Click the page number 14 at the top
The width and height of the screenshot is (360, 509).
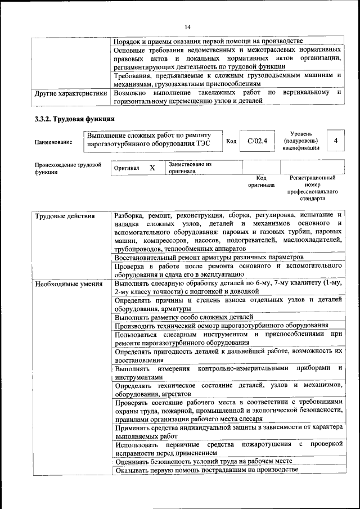coord(188,26)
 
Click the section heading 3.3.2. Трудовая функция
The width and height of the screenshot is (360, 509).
coord(75,119)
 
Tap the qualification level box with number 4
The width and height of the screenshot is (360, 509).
coord(335,140)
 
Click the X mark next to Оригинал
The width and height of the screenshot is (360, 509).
coord(152,168)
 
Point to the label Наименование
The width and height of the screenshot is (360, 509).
coord(53,143)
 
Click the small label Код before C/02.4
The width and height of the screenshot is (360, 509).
coord(231,141)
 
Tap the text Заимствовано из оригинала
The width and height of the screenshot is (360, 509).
coord(189,168)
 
